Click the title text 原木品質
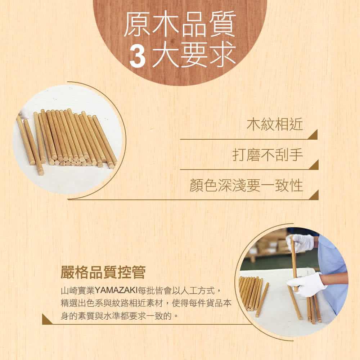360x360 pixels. (180, 24)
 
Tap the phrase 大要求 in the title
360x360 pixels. (194, 56)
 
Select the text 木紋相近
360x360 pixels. (275, 125)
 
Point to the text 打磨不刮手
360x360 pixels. (267, 155)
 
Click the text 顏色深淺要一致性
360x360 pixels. (246, 185)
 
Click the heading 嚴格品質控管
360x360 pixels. (103, 272)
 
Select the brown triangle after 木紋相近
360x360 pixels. (314, 135)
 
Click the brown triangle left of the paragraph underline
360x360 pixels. (46, 320)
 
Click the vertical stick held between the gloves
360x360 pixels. (294, 263)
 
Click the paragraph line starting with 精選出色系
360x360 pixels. (146, 303)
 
